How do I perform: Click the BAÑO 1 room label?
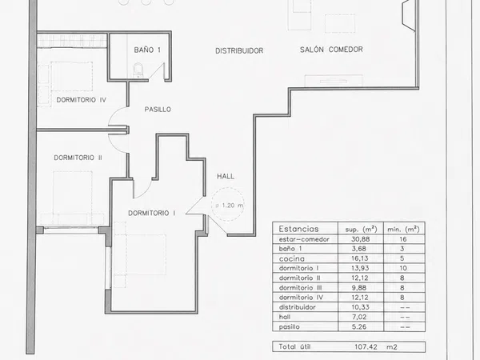pos(147,50)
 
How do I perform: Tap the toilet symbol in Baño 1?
pos(138,70)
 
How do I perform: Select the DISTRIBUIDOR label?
pos(239,51)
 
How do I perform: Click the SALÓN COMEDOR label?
pos(331,50)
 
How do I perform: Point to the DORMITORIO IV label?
pos(82,100)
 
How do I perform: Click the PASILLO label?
pos(158,110)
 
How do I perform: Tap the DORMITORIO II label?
pos(78,158)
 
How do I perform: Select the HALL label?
pos(226,176)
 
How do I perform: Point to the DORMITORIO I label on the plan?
pos(152,213)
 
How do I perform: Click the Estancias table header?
pos(298,229)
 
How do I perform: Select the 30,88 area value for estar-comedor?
pos(360,239)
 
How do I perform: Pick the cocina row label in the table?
pos(292,258)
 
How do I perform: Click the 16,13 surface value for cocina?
pos(360,258)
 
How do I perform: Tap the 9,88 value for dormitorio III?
pos(359,288)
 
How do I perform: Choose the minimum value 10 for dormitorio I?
pos(403,268)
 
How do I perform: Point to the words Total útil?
pos(294,346)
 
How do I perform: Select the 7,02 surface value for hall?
pos(359,317)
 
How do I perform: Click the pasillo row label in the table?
pos(290,327)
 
